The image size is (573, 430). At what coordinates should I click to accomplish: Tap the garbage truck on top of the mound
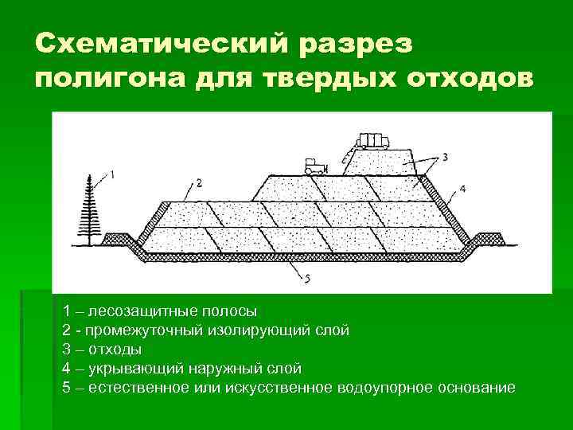pyautogui.click(x=372, y=142)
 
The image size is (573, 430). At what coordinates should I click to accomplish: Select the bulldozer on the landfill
pyautogui.click(x=316, y=166)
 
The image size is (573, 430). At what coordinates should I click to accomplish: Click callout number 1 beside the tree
pyautogui.click(x=111, y=174)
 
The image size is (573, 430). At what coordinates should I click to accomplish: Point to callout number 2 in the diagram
pyautogui.click(x=198, y=184)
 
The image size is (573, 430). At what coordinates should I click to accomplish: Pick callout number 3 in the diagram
pyautogui.click(x=444, y=158)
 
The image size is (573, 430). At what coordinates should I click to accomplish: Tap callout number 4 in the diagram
pyautogui.click(x=462, y=189)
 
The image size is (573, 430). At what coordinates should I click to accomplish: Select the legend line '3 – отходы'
pyautogui.click(x=103, y=349)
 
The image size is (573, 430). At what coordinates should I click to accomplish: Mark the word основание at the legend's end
pyautogui.click(x=477, y=388)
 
